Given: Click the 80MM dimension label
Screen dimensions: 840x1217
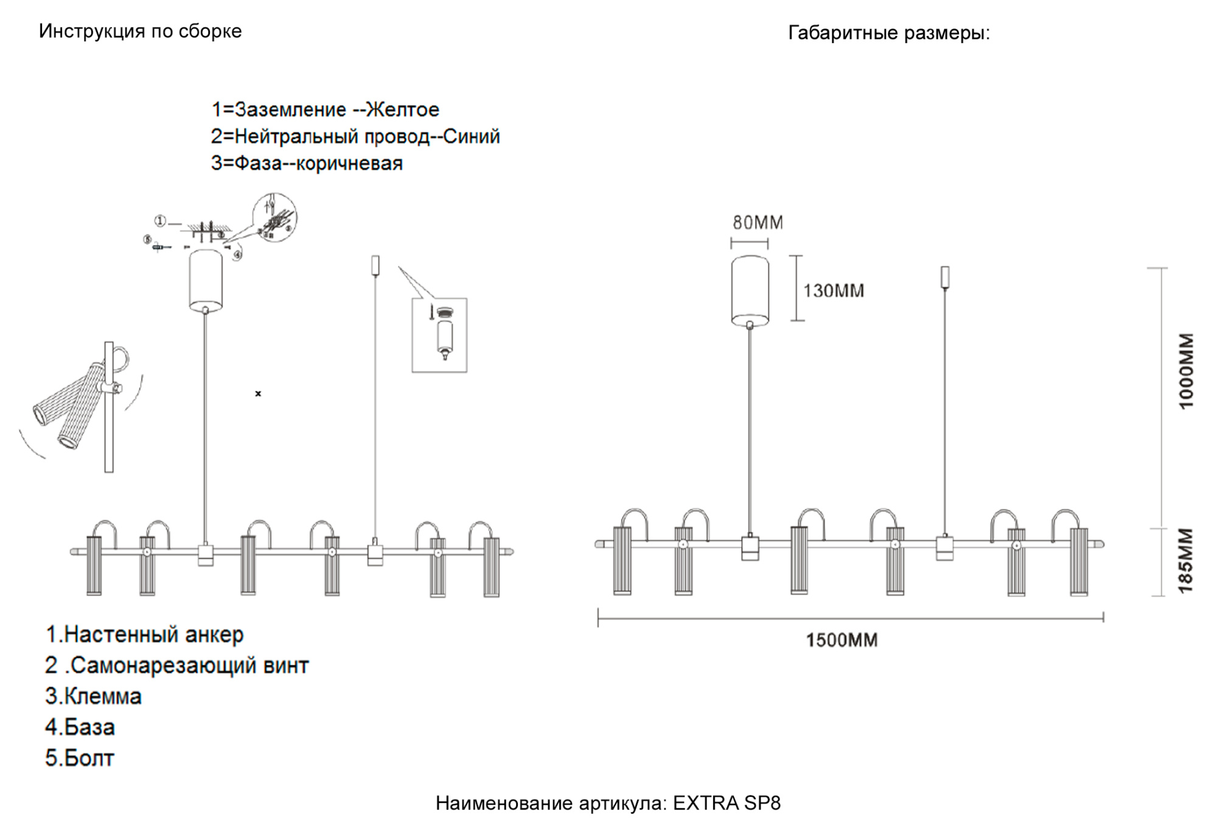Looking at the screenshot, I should point(758,223).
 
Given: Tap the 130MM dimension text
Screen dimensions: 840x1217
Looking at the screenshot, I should point(833,291).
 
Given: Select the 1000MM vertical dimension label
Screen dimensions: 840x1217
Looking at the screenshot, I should point(1186,371).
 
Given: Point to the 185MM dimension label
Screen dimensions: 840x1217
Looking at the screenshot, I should point(1186,561).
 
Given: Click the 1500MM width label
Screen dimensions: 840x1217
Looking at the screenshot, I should point(842,640).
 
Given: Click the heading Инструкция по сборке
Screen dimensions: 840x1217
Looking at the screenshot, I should point(140,31).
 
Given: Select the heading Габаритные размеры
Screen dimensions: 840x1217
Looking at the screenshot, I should point(888,32).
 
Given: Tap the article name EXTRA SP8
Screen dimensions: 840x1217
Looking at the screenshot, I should point(727,803).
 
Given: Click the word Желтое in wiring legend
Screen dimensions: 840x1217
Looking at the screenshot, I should point(402,110).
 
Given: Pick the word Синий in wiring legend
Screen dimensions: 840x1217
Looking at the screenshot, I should point(471,136).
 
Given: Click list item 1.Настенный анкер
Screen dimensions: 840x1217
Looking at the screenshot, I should point(144,634).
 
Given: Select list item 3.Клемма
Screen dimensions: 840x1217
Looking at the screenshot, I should point(93,696).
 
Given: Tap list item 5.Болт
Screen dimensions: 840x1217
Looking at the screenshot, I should point(80,758).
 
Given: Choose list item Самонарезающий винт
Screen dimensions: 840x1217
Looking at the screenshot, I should point(189,665).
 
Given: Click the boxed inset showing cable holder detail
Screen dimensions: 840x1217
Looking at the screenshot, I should point(439,335).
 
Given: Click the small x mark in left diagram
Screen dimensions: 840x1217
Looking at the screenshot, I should point(258,394).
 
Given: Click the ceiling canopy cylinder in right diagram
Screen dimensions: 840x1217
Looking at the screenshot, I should point(750,290).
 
